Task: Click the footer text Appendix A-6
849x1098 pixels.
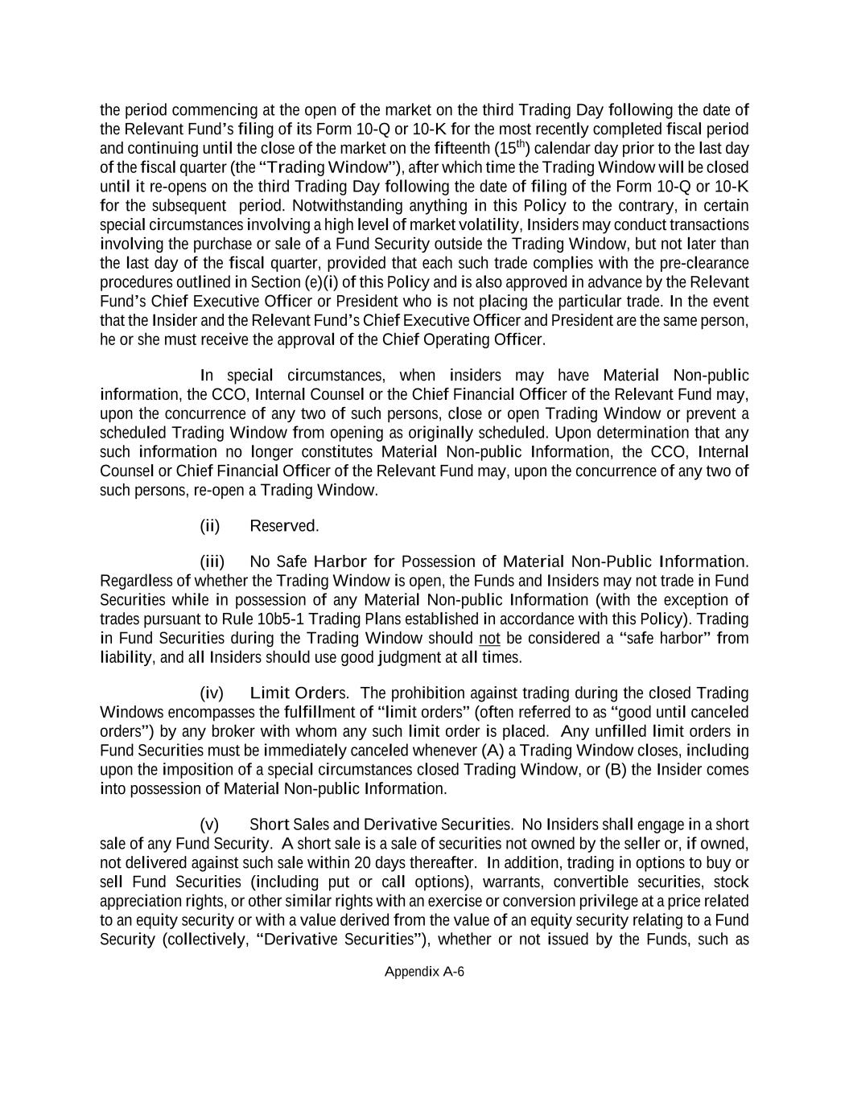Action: [x=424, y=971]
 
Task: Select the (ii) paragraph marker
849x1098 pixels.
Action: [x=209, y=526]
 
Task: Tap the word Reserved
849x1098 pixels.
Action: [x=284, y=526]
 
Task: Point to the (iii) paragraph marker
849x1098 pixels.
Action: [x=212, y=561]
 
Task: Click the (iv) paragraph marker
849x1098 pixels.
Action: [x=211, y=693]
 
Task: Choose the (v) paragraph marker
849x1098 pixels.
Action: [x=209, y=825]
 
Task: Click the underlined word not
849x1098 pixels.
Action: [x=489, y=639]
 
